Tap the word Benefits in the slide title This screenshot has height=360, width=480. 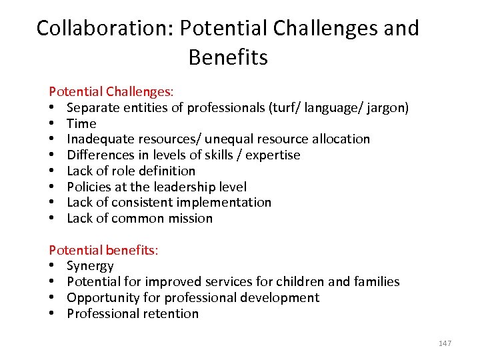(x=228, y=57)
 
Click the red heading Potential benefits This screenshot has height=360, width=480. (x=103, y=250)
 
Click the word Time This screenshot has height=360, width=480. (x=81, y=123)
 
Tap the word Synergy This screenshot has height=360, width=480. (x=90, y=266)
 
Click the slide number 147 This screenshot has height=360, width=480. (x=445, y=343)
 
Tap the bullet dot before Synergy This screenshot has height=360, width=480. (x=52, y=266)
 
